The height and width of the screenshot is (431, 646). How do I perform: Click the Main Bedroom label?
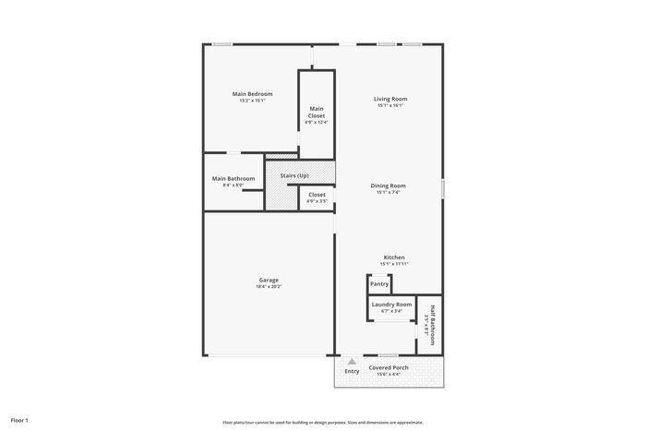click(252, 94)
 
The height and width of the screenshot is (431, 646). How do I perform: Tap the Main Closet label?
click(317, 112)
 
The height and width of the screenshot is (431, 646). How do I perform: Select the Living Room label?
click(390, 99)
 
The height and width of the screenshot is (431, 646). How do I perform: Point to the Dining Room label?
click(389, 186)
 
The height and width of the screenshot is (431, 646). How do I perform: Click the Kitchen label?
click(394, 257)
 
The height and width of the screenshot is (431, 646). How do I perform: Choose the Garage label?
click(269, 280)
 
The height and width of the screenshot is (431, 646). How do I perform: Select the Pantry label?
click(379, 284)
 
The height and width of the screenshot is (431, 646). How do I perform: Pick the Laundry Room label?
click(391, 305)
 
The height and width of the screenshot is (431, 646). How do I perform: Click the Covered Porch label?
click(389, 367)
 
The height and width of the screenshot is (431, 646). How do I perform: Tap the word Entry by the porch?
click(352, 371)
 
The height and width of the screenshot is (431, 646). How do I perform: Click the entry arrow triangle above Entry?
click(352, 361)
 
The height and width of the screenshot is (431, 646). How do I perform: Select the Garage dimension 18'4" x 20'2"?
click(269, 287)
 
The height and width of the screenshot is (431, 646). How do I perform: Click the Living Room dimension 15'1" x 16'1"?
click(390, 105)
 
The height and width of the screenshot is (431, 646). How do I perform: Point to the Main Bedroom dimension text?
click(252, 101)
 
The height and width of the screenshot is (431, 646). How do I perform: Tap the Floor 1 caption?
click(20, 420)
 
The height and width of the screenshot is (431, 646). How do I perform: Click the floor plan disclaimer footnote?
click(322, 422)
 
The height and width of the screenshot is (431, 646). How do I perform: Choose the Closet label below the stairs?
click(317, 195)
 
